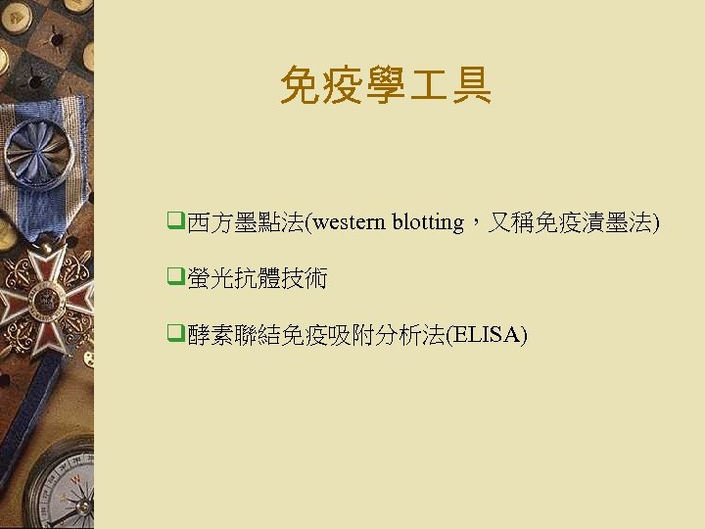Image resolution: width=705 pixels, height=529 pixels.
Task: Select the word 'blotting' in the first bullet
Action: [x=428, y=222]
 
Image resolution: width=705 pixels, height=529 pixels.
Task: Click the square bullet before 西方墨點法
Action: [x=175, y=222]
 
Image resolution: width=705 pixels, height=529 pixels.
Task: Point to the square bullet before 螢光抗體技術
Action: [x=175, y=279]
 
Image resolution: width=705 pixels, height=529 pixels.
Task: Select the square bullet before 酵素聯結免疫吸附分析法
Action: [x=175, y=335]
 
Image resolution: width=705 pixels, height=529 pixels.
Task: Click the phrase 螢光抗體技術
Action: [x=258, y=280]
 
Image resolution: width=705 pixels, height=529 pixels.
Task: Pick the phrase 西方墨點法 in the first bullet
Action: [x=246, y=223]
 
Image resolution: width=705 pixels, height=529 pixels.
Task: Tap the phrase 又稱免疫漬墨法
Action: [x=571, y=223]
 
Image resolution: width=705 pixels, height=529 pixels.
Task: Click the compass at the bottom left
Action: [x=65, y=485]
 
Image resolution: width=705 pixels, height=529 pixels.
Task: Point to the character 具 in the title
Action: [x=472, y=85]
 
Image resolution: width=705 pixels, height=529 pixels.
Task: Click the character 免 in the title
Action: [x=299, y=85]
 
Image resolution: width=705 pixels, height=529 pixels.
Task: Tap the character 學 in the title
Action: [x=385, y=85]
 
